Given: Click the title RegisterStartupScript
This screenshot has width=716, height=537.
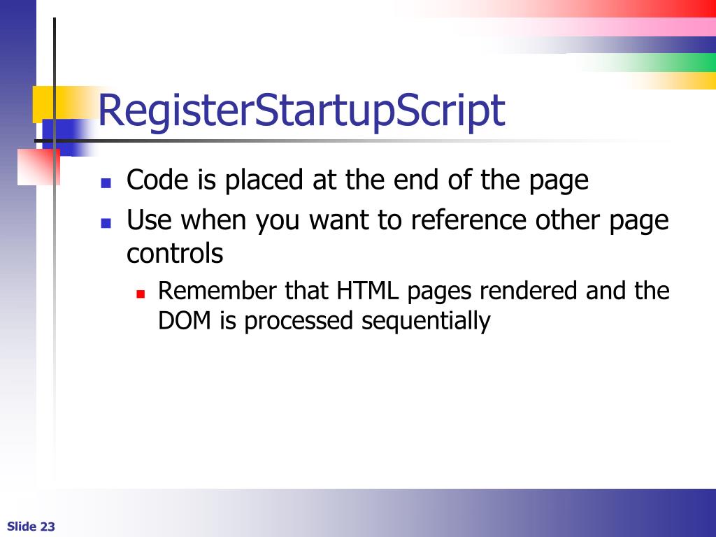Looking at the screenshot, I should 301,110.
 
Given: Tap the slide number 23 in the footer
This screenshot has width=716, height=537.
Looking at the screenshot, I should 48,527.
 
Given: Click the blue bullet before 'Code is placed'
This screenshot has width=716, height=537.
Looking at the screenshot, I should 106,184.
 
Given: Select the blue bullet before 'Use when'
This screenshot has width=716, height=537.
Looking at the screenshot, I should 106,224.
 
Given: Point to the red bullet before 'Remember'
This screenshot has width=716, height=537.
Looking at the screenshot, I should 140,294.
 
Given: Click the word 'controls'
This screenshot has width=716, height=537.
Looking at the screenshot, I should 175,253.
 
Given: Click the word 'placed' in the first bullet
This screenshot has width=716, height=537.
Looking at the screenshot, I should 264,180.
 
